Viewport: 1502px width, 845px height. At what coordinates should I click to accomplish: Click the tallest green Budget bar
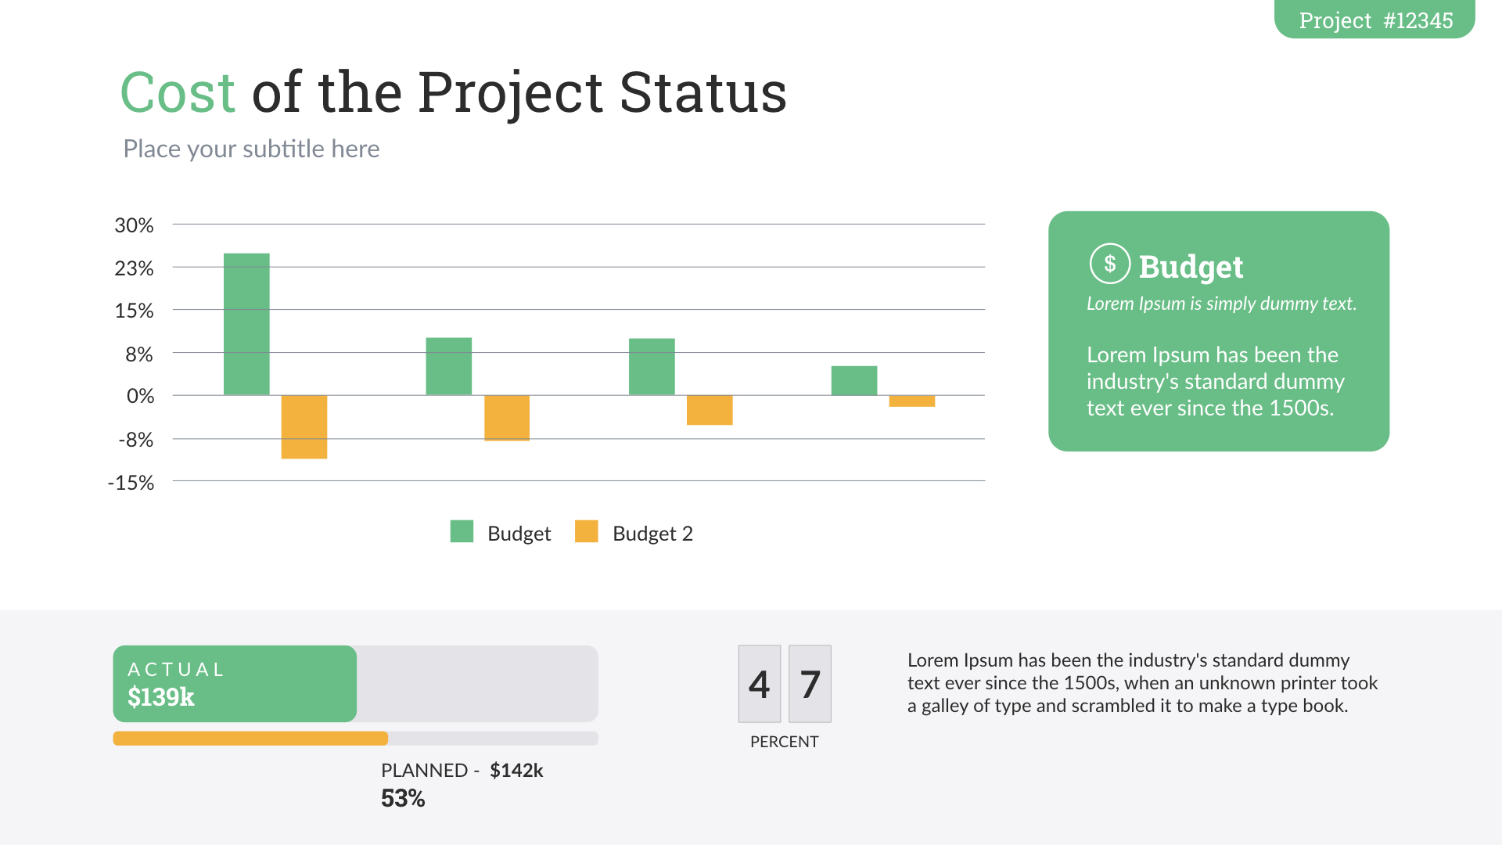(x=246, y=324)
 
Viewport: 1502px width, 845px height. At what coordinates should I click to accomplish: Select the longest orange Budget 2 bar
(x=304, y=426)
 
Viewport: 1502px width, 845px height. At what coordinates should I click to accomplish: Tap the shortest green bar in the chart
(x=853, y=380)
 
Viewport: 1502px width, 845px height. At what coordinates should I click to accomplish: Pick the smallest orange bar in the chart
(x=911, y=401)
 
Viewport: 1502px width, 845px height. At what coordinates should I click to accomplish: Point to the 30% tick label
(x=134, y=225)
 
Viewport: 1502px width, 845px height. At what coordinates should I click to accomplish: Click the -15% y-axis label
(x=131, y=483)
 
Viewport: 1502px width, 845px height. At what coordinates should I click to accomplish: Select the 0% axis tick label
(x=140, y=396)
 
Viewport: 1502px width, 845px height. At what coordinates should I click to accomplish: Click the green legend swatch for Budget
(x=462, y=531)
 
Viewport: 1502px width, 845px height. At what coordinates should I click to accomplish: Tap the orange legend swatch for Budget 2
(x=586, y=531)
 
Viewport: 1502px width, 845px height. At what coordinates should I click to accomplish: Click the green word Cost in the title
(x=178, y=92)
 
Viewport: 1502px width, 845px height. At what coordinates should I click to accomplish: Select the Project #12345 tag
(x=1374, y=20)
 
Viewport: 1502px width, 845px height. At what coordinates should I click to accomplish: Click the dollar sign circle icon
(x=1109, y=264)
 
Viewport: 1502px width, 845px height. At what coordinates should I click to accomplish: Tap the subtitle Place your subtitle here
(x=251, y=149)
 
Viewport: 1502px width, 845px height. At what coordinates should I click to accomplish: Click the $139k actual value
(x=160, y=696)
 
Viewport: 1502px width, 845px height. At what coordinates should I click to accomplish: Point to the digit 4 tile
(x=759, y=684)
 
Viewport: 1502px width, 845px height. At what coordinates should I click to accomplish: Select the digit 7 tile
(x=810, y=684)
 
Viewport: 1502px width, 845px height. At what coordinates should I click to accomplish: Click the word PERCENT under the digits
(x=784, y=742)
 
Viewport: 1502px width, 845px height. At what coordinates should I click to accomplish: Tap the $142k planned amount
(x=516, y=771)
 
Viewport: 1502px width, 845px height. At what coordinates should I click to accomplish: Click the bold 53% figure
(x=402, y=798)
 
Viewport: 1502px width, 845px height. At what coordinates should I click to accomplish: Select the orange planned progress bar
(x=250, y=738)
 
